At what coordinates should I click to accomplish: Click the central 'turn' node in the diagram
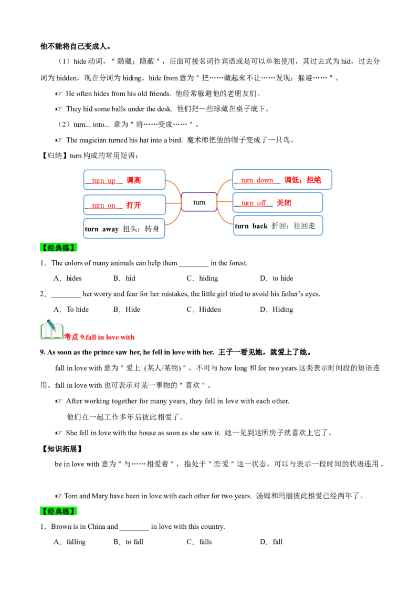(x=199, y=202)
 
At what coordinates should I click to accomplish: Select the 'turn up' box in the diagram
(x=124, y=180)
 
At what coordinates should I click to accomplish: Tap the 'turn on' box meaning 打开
(x=124, y=205)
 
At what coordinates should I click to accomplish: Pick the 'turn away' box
(x=124, y=229)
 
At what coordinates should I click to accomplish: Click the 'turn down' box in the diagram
(x=282, y=179)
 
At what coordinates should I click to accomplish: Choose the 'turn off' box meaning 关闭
(x=278, y=202)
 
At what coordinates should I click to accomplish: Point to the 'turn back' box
(x=278, y=225)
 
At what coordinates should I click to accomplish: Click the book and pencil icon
(x=51, y=330)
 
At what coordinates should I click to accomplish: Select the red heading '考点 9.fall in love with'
(x=99, y=337)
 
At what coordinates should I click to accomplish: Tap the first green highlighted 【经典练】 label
(x=59, y=248)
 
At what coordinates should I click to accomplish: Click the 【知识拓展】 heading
(x=61, y=449)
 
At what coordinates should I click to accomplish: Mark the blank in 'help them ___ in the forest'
(x=194, y=264)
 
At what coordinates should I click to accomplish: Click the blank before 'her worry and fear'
(x=66, y=295)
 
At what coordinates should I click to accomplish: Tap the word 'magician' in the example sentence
(x=93, y=140)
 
